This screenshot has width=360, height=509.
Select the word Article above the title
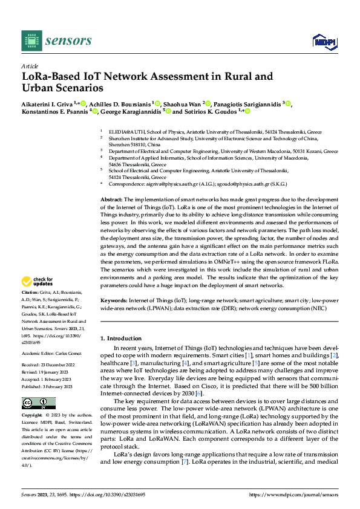29,65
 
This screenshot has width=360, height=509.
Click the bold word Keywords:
113,300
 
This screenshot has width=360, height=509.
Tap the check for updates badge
38,281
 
